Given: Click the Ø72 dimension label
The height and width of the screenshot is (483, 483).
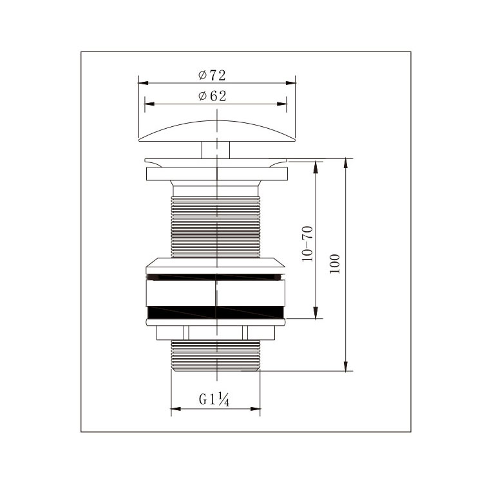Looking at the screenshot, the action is point(212,75).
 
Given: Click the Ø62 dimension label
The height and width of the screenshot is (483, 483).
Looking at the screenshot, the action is point(213,96).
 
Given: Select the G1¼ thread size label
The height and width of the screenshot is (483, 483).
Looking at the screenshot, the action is point(214,399).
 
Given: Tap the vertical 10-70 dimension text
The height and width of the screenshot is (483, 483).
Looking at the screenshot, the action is point(307,244).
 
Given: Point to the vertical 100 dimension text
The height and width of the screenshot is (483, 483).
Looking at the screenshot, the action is point(334,263).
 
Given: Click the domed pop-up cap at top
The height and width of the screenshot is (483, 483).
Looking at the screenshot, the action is point(217,131).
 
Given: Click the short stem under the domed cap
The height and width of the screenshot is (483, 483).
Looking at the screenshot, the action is point(216,150).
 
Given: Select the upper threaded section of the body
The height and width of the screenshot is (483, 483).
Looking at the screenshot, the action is point(216,227).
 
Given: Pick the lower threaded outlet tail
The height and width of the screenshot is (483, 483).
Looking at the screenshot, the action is point(216,355).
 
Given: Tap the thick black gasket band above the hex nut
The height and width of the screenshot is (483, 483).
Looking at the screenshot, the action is point(216,312).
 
